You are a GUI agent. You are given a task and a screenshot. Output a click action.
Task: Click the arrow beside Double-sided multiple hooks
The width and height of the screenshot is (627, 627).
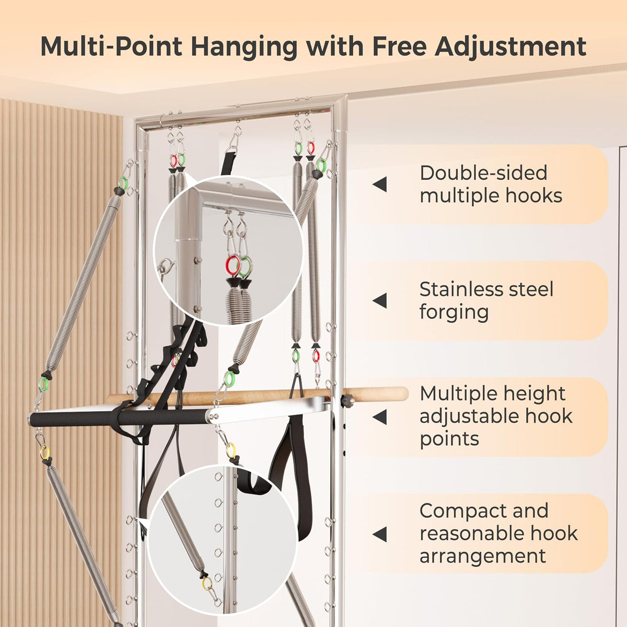click(x=379, y=184)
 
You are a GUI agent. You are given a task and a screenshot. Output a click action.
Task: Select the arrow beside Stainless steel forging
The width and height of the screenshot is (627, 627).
click(x=379, y=300)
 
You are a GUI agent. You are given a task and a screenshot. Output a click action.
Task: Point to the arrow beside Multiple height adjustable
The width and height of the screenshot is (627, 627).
click(x=379, y=417)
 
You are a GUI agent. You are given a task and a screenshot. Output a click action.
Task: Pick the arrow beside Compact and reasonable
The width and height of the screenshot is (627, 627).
click(x=379, y=534)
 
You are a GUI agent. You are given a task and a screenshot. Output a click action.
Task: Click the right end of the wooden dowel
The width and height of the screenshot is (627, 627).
click(x=407, y=393)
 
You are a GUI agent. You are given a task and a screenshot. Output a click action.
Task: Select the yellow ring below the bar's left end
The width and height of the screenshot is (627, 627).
click(x=44, y=452)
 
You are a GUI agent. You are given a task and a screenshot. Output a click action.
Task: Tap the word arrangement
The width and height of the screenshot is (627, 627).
click(x=483, y=556)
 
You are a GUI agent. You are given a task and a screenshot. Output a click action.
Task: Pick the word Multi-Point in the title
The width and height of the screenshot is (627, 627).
click(x=111, y=46)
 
